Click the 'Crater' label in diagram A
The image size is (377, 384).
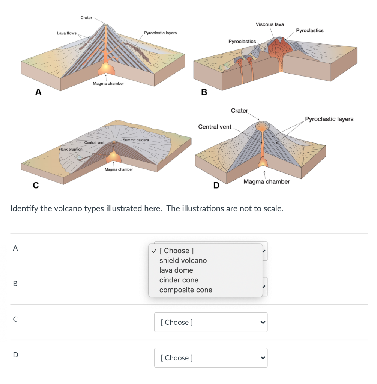(86, 18)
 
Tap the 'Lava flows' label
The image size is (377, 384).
(66, 33)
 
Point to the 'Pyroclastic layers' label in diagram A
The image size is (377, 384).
(160, 33)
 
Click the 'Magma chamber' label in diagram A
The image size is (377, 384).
(108, 83)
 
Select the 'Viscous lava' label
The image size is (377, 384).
(270, 24)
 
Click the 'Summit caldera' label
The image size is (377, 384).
(136, 140)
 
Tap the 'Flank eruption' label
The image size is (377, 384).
(70, 150)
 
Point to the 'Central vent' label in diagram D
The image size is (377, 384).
(215, 127)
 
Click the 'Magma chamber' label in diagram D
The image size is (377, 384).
(266, 181)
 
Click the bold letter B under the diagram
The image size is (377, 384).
(204, 92)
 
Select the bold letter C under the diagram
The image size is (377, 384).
(36, 185)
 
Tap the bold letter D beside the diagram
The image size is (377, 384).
(216, 185)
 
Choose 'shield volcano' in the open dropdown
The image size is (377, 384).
(183, 260)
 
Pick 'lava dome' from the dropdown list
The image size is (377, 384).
(176, 270)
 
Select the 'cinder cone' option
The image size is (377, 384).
(179, 280)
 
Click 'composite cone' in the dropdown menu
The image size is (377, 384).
(186, 290)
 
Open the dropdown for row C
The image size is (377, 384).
(210, 322)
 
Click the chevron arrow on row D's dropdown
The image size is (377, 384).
(263, 358)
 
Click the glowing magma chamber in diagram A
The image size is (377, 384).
(107, 68)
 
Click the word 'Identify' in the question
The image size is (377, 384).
(24, 208)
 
